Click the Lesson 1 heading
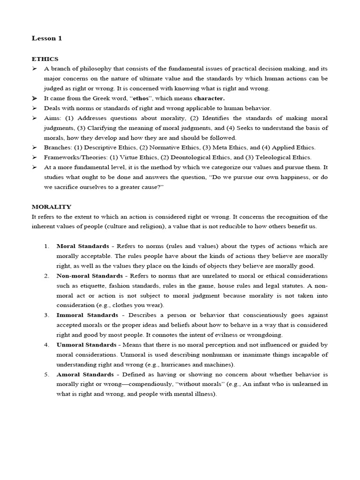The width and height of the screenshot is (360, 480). pyautogui.click(x=46, y=38)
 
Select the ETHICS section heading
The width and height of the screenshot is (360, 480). pyautogui.click(x=45, y=59)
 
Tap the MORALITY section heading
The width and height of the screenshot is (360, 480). pyautogui.click(x=52, y=206)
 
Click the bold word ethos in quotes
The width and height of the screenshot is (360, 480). pyautogui.click(x=142, y=98)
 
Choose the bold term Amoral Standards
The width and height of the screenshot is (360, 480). pyautogui.click(x=85, y=375)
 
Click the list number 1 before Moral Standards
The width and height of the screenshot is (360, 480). pyautogui.click(x=46, y=246)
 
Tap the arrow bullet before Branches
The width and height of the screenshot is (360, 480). pyautogui.click(x=35, y=148)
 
